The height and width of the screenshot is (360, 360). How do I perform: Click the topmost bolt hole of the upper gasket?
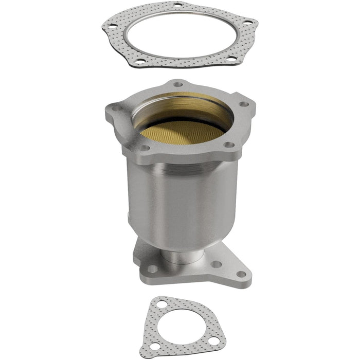click(x=178, y=5)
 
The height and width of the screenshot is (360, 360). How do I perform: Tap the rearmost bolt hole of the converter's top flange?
click(x=178, y=83)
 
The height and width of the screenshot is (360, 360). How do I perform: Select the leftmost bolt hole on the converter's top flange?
click(x=114, y=107)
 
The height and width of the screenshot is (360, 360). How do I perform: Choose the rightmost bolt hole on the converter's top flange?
click(x=245, y=104)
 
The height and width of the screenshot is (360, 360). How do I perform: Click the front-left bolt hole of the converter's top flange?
click(x=146, y=148)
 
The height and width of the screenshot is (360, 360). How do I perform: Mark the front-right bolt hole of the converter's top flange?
click(x=226, y=145)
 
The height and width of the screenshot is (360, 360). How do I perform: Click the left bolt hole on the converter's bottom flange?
click(x=153, y=268)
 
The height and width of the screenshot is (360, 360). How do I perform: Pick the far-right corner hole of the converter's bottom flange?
click(x=240, y=274)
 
